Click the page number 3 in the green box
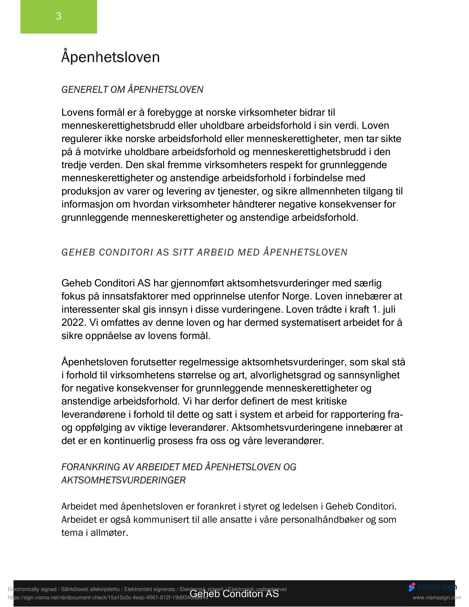pos(59,16)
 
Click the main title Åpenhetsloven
pos(110,57)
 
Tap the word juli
pos(389,309)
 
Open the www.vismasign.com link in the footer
pos(436,598)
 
